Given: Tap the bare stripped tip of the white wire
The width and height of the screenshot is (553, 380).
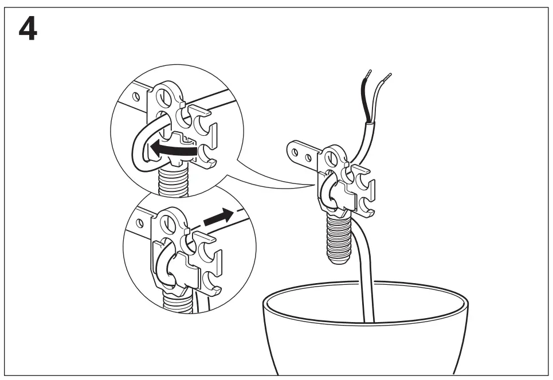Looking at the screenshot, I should [389, 75].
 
